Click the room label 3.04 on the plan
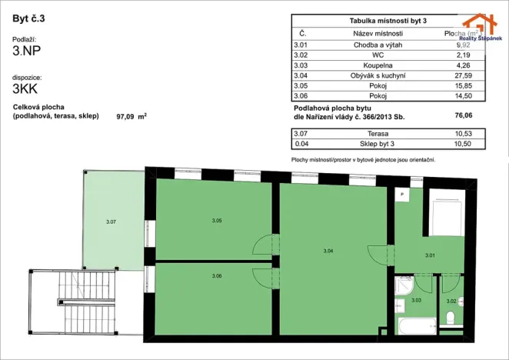tap(328, 250)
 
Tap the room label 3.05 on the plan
tap(216, 221)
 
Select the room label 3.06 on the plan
tap(216, 275)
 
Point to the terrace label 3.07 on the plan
tap(111, 222)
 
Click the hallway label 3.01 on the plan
tap(430, 255)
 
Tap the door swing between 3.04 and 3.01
tap(379, 253)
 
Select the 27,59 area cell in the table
tap(462, 75)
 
